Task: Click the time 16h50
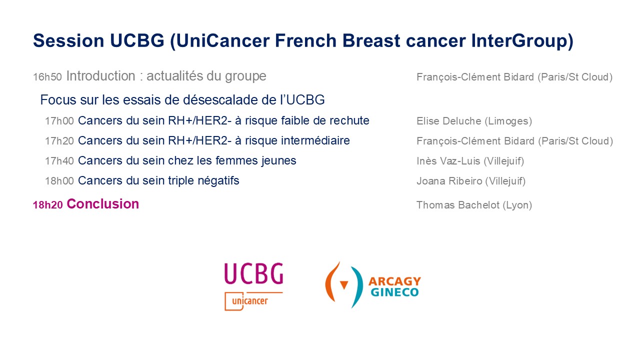[47, 77]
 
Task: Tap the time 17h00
[59, 121]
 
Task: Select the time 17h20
[59, 141]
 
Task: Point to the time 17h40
[59, 161]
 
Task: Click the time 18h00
[59, 181]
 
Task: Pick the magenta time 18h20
[47, 205]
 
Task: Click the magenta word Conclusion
[103, 204]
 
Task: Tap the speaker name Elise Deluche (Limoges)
[474, 121]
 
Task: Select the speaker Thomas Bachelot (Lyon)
[474, 205]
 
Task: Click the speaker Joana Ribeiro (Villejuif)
[471, 181]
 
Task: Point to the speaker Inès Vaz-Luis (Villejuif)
[470, 161]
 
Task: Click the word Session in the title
[68, 40]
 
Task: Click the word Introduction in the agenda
[101, 76]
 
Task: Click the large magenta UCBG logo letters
[253, 273]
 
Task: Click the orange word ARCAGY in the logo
[394, 281]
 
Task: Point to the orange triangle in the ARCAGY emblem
[344, 285]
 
